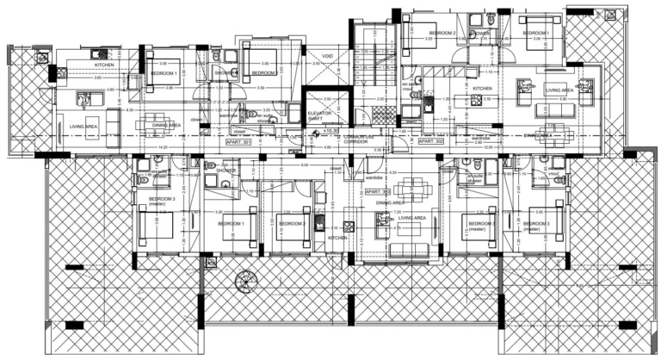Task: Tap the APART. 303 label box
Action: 377,192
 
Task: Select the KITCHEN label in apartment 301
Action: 104,64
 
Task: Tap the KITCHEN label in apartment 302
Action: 482,89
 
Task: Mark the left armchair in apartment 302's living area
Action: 522,84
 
